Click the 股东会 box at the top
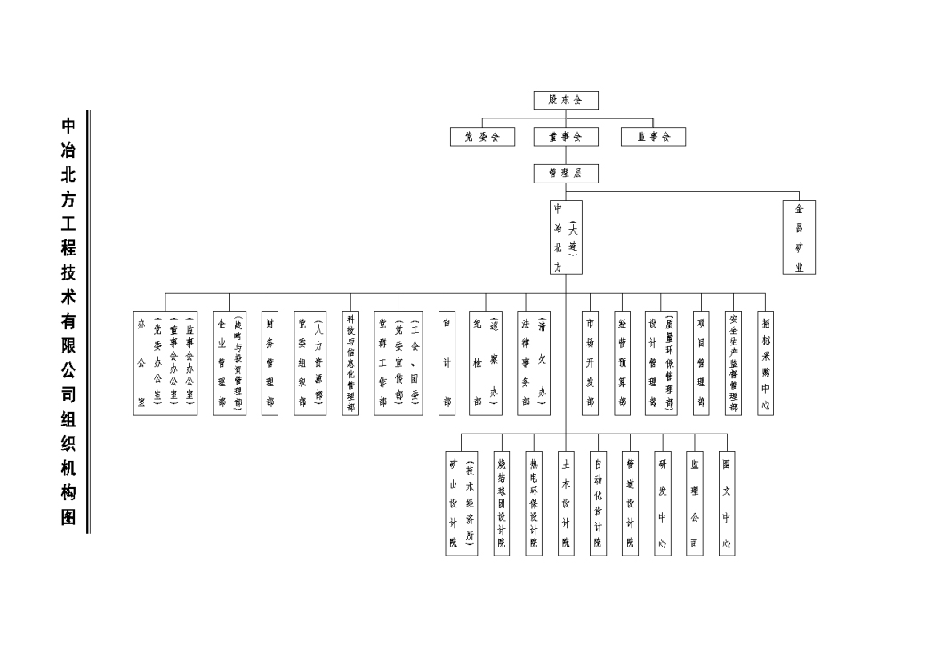point(566,100)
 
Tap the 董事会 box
point(566,137)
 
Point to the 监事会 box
point(654,137)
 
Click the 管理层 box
point(566,174)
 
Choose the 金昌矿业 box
point(800,238)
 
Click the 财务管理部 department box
point(270,362)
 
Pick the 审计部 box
point(447,362)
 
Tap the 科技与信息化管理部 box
point(350,362)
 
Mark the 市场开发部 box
point(591,362)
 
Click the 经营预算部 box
point(623,362)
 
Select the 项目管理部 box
point(702,362)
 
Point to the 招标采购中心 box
point(766,362)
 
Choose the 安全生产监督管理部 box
point(734,362)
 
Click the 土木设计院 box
point(565,503)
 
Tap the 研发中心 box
point(662,503)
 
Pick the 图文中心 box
point(727,503)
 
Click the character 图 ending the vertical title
point(68,517)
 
